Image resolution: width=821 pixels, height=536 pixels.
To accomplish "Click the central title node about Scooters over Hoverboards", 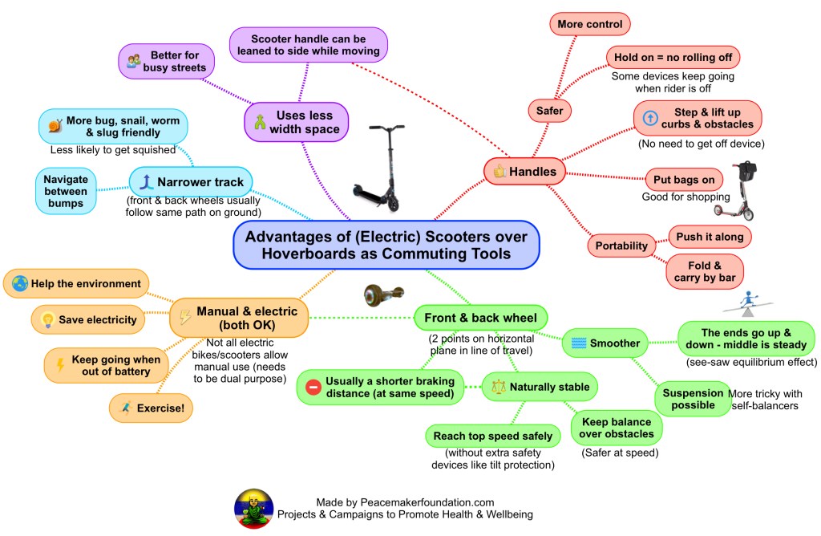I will (x=386, y=245).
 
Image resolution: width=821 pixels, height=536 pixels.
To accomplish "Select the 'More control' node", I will (x=590, y=24).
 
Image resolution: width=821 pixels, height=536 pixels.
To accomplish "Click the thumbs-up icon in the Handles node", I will (x=499, y=171).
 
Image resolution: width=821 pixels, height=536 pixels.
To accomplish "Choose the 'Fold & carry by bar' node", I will (x=705, y=271).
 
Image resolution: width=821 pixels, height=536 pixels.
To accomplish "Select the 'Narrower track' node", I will (x=192, y=181).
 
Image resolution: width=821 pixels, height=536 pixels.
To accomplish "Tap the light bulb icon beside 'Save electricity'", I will (x=47, y=319).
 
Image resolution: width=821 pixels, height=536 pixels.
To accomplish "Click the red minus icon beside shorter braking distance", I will (x=313, y=388).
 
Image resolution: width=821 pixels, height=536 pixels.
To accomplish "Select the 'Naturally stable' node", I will (x=540, y=387).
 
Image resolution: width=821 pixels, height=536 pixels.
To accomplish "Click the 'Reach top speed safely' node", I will (x=492, y=436).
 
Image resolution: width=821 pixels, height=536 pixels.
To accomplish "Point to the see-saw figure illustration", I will (x=746, y=303).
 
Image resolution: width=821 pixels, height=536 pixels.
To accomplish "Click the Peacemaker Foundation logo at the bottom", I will (x=253, y=508).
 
